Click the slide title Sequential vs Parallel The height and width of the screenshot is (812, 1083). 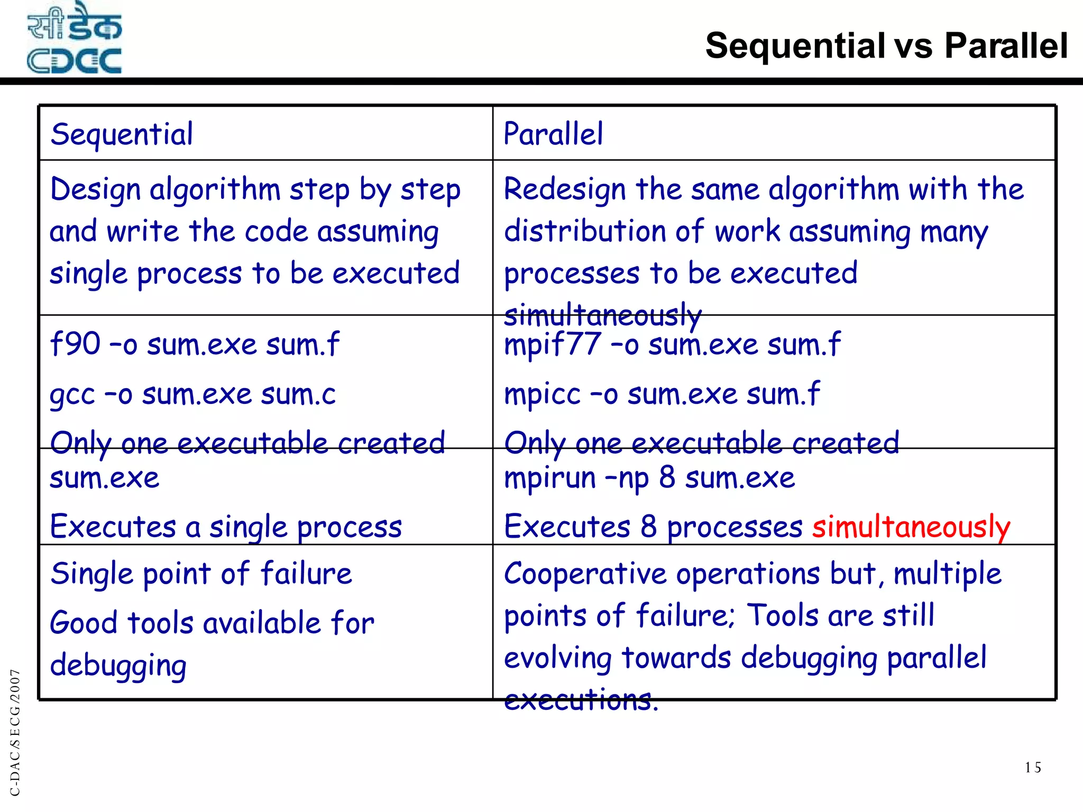886,45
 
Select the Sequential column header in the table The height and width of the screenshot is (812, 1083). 122,134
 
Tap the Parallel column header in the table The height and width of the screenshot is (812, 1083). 553,134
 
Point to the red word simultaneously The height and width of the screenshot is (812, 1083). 911,527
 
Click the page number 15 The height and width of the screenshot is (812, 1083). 1032,768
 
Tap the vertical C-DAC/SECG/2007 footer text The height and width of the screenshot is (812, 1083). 15,732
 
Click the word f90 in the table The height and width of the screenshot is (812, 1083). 75,344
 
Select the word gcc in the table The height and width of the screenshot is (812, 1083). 72,395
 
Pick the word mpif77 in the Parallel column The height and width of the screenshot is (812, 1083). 552,344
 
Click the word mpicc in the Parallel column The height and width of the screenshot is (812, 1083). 542,394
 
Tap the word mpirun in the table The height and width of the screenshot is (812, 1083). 550,478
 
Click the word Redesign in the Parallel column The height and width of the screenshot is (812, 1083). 564,189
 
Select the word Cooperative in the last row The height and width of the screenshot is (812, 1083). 585,574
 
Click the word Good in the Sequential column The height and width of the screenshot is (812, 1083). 83,623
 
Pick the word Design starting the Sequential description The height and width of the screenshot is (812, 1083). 95,190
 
